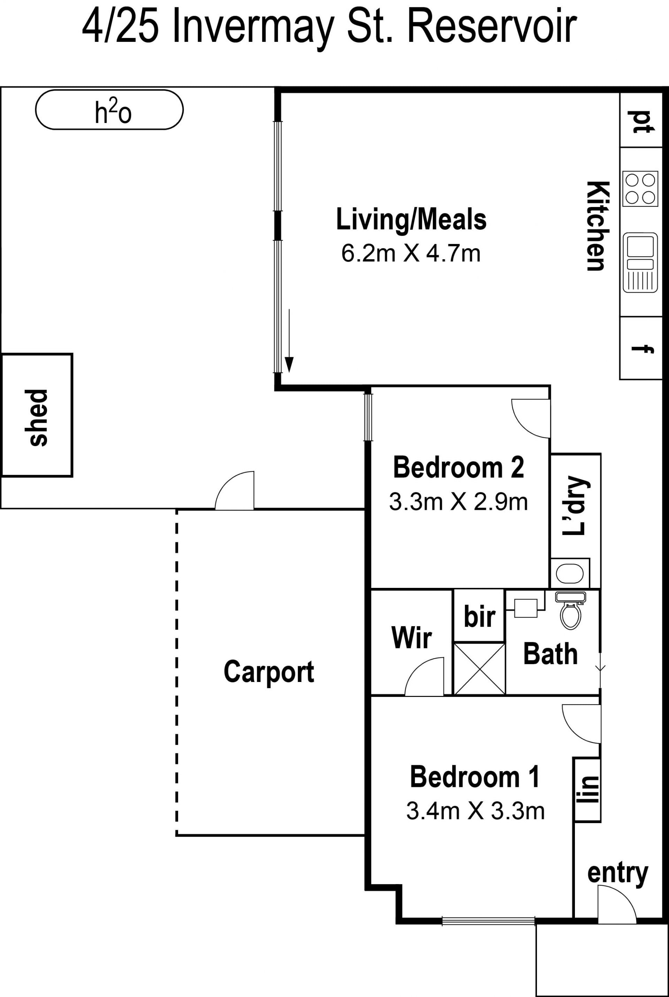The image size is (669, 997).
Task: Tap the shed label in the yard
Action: [x=38, y=418]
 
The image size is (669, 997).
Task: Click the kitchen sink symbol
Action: [x=640, y=263]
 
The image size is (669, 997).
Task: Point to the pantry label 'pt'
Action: [x=640, y=122]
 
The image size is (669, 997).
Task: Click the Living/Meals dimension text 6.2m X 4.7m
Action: [x=411, y=253]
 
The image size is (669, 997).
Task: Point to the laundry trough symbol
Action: [x=570, y=573]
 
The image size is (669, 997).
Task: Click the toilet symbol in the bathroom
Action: [x=570, y=611]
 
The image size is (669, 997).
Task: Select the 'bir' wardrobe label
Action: [x=479, y=617]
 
